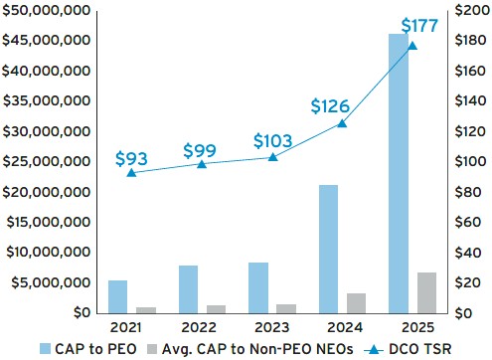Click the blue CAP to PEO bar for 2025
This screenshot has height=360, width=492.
pyautogui.click(x=399, y=173)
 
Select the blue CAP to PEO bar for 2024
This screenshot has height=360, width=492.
pyautogui.click(x=328, y=249)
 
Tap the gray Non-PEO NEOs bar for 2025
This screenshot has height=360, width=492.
pyautogui.click(x=426, y=292)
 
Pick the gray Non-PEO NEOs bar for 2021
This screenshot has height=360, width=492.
pyautogui.click(x=146, y=310)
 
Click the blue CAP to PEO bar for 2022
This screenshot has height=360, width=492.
pyautogui.click(x=188, y=289)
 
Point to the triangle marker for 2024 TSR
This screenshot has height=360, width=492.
pyautogui.click(x=342, y=123)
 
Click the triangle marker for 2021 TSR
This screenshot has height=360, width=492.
pyautogui.click(x=131, y=173)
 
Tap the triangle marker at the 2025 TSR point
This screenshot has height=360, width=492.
pyautogui.click(x=412, y=46)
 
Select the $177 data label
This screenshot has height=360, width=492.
pyautogui.click(x=419, y=26)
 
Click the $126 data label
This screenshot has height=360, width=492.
pyautogui.click(x=330, y=106)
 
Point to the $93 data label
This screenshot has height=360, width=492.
pyautogui.click(x=131, y=158)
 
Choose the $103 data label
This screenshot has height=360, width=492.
pyautogui.click(x=273, y=141)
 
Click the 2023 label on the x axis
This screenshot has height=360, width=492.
pyautogui.click(x=272, y=327)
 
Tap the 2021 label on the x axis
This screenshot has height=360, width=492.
pyautogui.click(x=126, y=327)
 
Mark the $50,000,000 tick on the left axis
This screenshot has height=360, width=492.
pyautogui.click(x=46, y=10)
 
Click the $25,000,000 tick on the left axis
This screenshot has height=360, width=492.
pyautogui.click(x=47, y=161)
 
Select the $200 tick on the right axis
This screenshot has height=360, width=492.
pyautogui.click(x=472, y=10)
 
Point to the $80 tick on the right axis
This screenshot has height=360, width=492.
pyautogui.click(x=468, y=192)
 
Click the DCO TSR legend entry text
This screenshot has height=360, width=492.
pyautogui.click(x=420, y=349)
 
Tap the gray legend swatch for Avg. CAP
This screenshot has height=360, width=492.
pyautogui.click(x=152, y=349)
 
